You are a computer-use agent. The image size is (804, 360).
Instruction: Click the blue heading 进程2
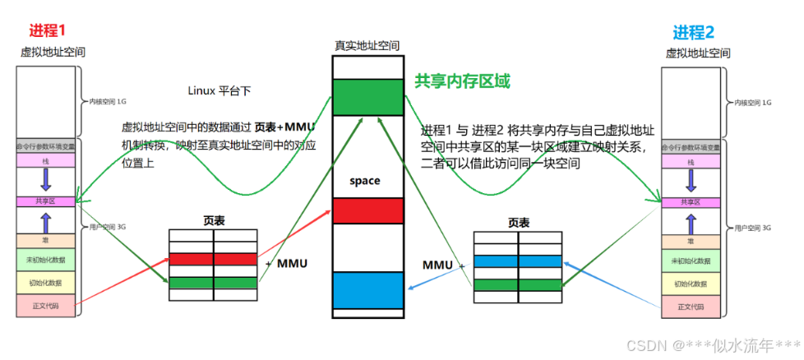pos(694,32)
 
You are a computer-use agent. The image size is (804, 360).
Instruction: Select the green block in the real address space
pos(367,96)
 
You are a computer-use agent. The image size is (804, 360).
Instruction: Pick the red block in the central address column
pos(367,210)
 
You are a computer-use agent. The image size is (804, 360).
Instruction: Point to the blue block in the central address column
pos(367,288)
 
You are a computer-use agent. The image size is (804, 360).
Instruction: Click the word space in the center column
pos(365,181)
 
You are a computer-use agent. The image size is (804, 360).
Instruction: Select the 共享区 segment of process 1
pos(46,201)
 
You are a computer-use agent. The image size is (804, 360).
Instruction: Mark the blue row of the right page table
pos(517,260)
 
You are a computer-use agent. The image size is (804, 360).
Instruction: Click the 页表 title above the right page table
pos(518,222)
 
